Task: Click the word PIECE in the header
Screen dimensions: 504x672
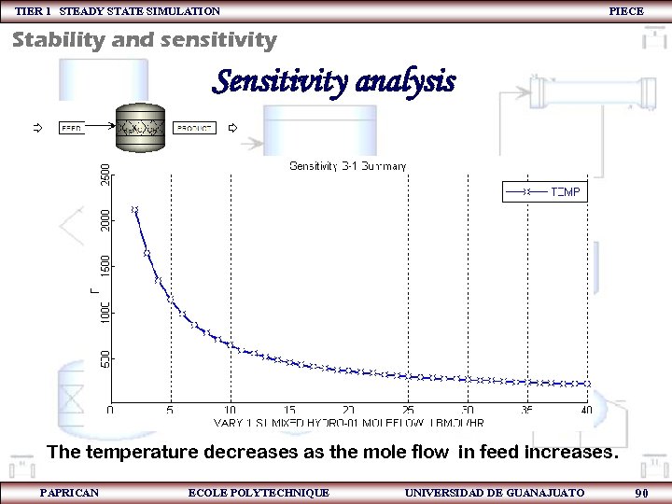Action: [x=625, y=11]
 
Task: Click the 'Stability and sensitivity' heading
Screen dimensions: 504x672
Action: [x=145, y=40]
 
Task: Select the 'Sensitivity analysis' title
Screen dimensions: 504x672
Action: [x=333, y=82]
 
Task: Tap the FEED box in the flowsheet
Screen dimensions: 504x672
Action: [x=72, y=127]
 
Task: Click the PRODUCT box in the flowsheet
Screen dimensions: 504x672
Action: [x=195, y=128]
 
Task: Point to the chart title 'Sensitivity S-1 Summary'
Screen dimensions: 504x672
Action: [x=347, y=166]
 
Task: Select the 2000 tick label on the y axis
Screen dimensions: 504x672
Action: [x=105, y=220]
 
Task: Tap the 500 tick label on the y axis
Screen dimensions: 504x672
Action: [x=105, y=357]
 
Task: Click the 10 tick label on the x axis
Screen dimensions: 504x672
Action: [x=230, y=411]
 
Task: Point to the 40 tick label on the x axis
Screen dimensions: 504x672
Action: [x=586, y=411]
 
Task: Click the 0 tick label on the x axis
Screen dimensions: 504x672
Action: [x=110, y=411]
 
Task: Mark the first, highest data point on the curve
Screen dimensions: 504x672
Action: [x=134, y=210]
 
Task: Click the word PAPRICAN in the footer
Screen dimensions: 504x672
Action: [x=69, y=492]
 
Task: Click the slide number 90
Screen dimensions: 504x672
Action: [x=641, y=493]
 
